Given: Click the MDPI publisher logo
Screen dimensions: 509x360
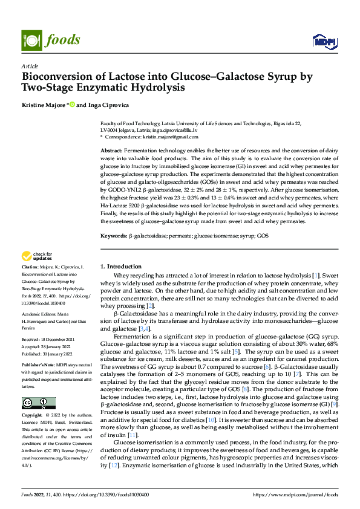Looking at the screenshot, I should [324, 41].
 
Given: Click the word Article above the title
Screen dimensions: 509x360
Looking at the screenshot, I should [30, 66].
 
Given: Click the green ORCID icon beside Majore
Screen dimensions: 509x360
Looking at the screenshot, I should [72, 105].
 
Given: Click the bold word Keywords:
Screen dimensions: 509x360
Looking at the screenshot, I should [113, 234].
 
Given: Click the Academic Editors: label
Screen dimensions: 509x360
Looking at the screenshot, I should [40, 330].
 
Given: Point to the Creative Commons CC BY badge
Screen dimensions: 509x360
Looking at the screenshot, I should [38, 403].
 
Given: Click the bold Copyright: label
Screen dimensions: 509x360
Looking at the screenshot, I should [34, 417].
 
